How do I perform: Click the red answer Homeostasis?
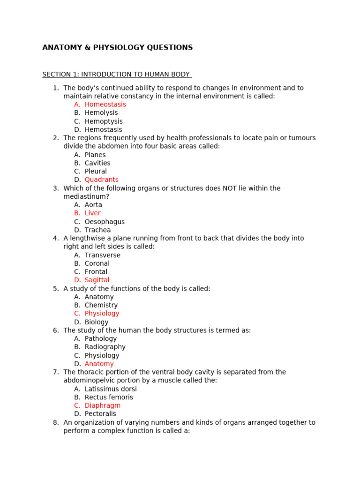[x=105, y=105]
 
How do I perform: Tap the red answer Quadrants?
[x=101, y=180]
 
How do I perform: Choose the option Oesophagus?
[x=105, y=222]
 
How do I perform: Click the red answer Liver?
[x=92, y=213]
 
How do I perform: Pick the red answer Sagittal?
[x=97, y=280]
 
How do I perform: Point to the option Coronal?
[x=97, y=263]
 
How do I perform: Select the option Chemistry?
[x=101, y=305]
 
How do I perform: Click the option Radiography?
[x=105, y=347]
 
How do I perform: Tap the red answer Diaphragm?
[x=102, y=405]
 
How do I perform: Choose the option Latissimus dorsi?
[x=111, y=389]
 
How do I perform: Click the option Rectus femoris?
[x=109, y=397]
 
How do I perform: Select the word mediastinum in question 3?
[x=86, y=196]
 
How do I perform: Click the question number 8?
[x=56, y=422]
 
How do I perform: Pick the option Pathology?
[x=100, y=339]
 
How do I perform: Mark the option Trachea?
[x=97, y=230]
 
